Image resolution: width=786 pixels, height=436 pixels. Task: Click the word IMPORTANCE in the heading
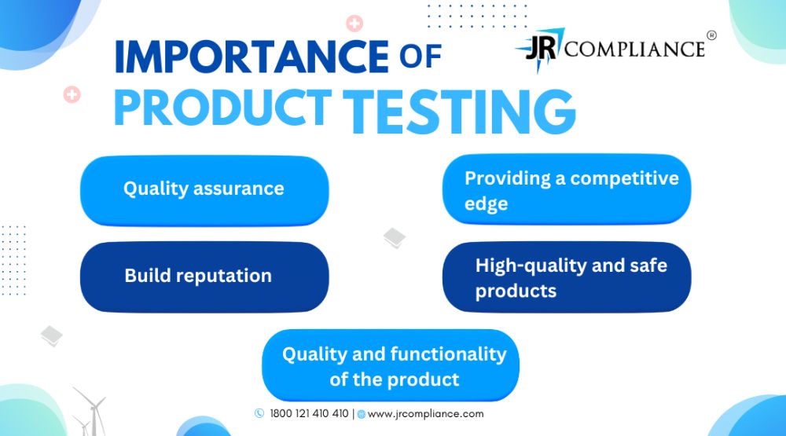[252, 56]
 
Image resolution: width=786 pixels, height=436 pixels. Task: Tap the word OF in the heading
[420, 56]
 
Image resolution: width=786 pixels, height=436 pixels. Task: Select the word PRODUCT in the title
[222, 108]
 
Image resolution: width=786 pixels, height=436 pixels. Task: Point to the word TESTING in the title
[459, 112]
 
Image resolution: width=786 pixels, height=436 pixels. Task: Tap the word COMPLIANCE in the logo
[634, 49]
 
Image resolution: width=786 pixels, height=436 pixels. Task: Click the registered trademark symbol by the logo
[711, 35]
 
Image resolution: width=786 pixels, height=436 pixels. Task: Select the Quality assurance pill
[204, 190]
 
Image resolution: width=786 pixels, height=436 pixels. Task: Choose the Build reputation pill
[204, 277]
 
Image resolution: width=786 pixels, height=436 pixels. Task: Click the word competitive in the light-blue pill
[624, 178]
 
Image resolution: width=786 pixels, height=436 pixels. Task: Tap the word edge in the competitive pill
[486, 204]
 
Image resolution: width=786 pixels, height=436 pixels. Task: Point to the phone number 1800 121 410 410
[309, 413]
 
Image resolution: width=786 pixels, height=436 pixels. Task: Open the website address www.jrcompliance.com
[425, 414]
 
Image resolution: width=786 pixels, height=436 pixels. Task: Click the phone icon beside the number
[259, 413]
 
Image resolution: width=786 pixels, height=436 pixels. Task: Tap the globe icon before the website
[361, 415]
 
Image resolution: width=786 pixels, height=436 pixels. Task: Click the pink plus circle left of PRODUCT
[72, 94]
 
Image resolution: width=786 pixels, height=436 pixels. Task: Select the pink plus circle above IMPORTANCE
[354, 23]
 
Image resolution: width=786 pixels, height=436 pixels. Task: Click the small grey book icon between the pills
[395, 237]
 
